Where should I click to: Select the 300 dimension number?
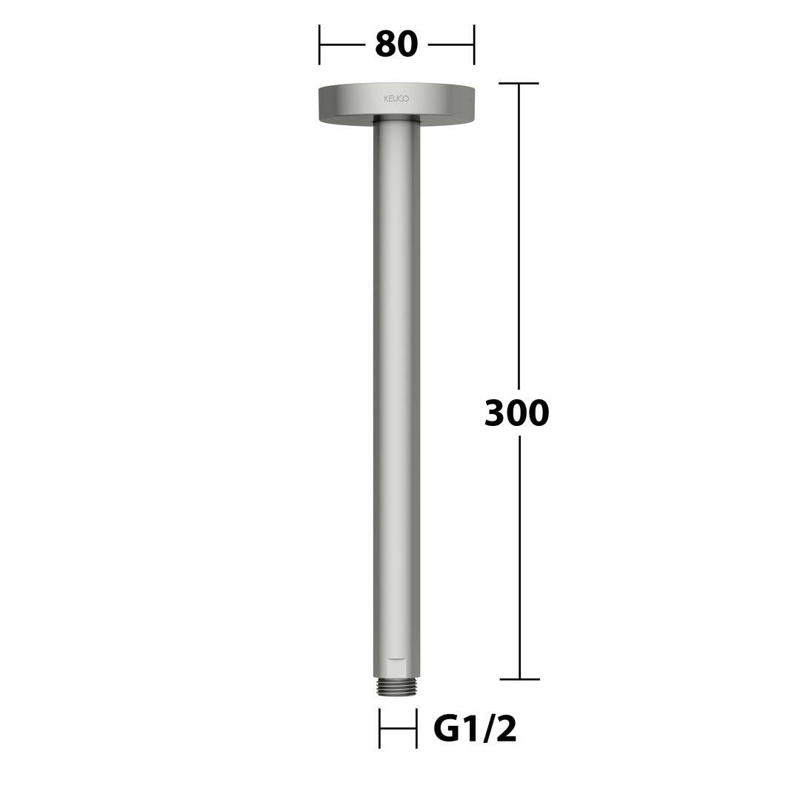(x=516, y=413)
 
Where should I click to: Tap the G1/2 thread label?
(x=475, y=729)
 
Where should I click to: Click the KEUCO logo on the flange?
(x=396, y=99)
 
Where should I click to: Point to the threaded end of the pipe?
(x=397, y=686)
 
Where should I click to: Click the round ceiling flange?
(x=397, y=104)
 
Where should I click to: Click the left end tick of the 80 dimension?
(x=319, y=45)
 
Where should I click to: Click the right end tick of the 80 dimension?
(x=474, y=45)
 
